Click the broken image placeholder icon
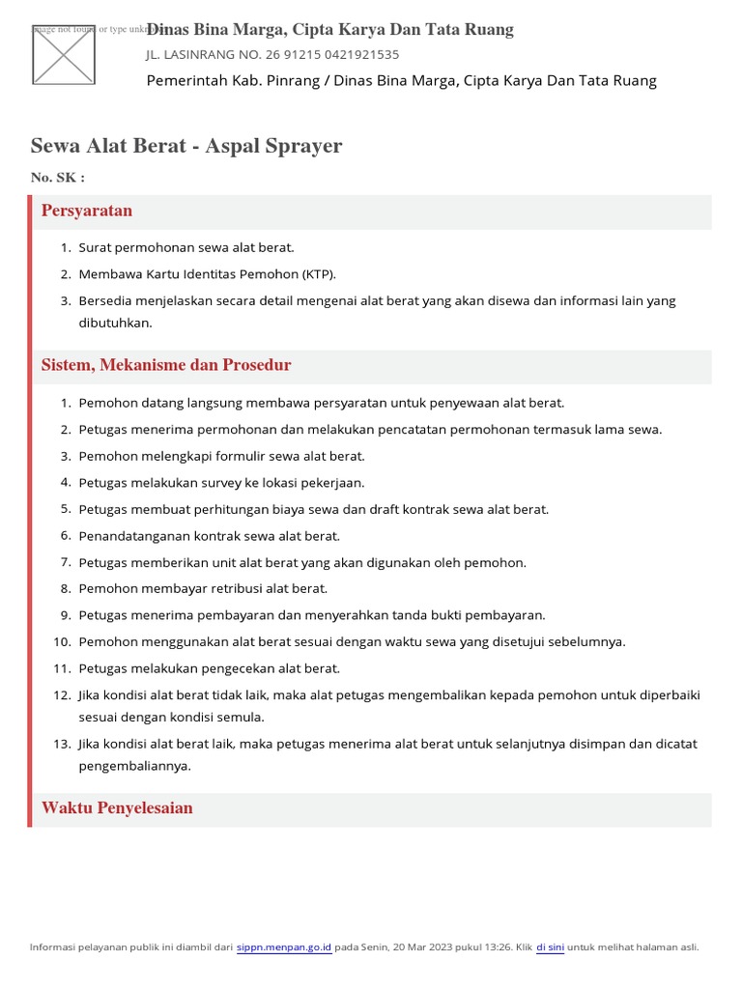pyautogui.click(x=64, y=54)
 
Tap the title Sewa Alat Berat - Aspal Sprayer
pyautogui.click(x=186, y=146)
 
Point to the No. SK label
pyautogui.click(x=57, y=178)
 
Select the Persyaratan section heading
pyautogui.click(x=87, y=211)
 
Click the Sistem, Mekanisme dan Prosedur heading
pyautogui.click(x=166, y=365)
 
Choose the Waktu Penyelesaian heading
pyautogui.click(x=117, y=808)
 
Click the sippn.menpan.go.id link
pyautogui.click(x=284, y=947)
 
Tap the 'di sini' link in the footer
pyautogui.click(x=550, y=947)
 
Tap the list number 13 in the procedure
pyautogui.click(x=63, y=744)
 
